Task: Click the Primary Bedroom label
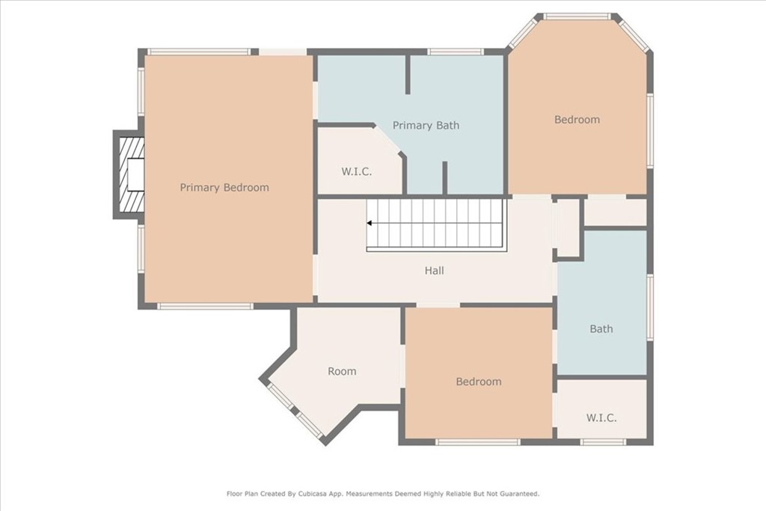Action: [x=224, y=188]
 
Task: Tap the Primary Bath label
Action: [x=426, y=126]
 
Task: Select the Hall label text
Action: [x=435, y=271]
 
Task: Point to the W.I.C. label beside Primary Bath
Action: [x=357, y=172]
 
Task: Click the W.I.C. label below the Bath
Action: [x=601, y=418]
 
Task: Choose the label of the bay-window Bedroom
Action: [x=577, y=120]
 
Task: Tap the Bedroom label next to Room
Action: [x=479, y=382]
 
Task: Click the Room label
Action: [x=342, y=371]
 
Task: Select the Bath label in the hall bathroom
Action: [x=601, y=328]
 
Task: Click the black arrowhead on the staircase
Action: [x=370, y=223]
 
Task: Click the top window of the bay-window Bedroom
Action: [x=577, y=16]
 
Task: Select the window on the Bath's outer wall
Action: [x=650, y=307]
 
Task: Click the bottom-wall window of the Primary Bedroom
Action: [x=205, y=306]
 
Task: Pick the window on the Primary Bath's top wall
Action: [x=456, y=52]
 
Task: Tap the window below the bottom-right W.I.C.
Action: [x=604, y=442]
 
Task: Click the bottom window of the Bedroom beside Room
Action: [x=478, y=442]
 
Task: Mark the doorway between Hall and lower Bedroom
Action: [x=438, y=305]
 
